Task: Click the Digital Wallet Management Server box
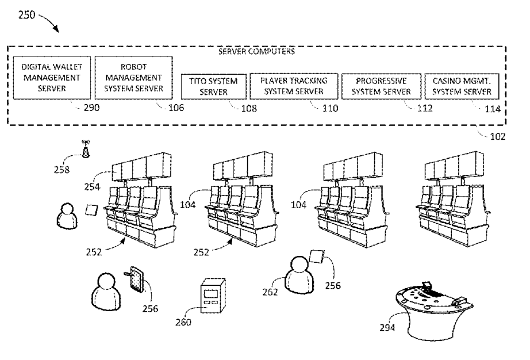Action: [52, 78]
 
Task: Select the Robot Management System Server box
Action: [133, 78]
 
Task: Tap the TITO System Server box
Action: [214, 86]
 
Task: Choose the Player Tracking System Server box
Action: [294, 86]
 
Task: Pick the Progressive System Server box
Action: [381, 86]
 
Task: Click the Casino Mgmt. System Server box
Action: [462, 86]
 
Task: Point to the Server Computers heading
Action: [256, 51]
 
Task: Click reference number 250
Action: [26, 15]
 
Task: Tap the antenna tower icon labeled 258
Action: [86, 149]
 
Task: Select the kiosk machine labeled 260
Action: [213, 296]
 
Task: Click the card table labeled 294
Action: [435, 310]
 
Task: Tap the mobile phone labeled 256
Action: [137, 279]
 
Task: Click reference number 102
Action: [498, 136]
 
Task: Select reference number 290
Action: [91, 108]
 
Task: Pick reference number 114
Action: [493, 109]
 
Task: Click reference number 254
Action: [93, 186]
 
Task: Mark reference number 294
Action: [387, 328]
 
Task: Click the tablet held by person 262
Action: [317, 256]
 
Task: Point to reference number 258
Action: [62, 170]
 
